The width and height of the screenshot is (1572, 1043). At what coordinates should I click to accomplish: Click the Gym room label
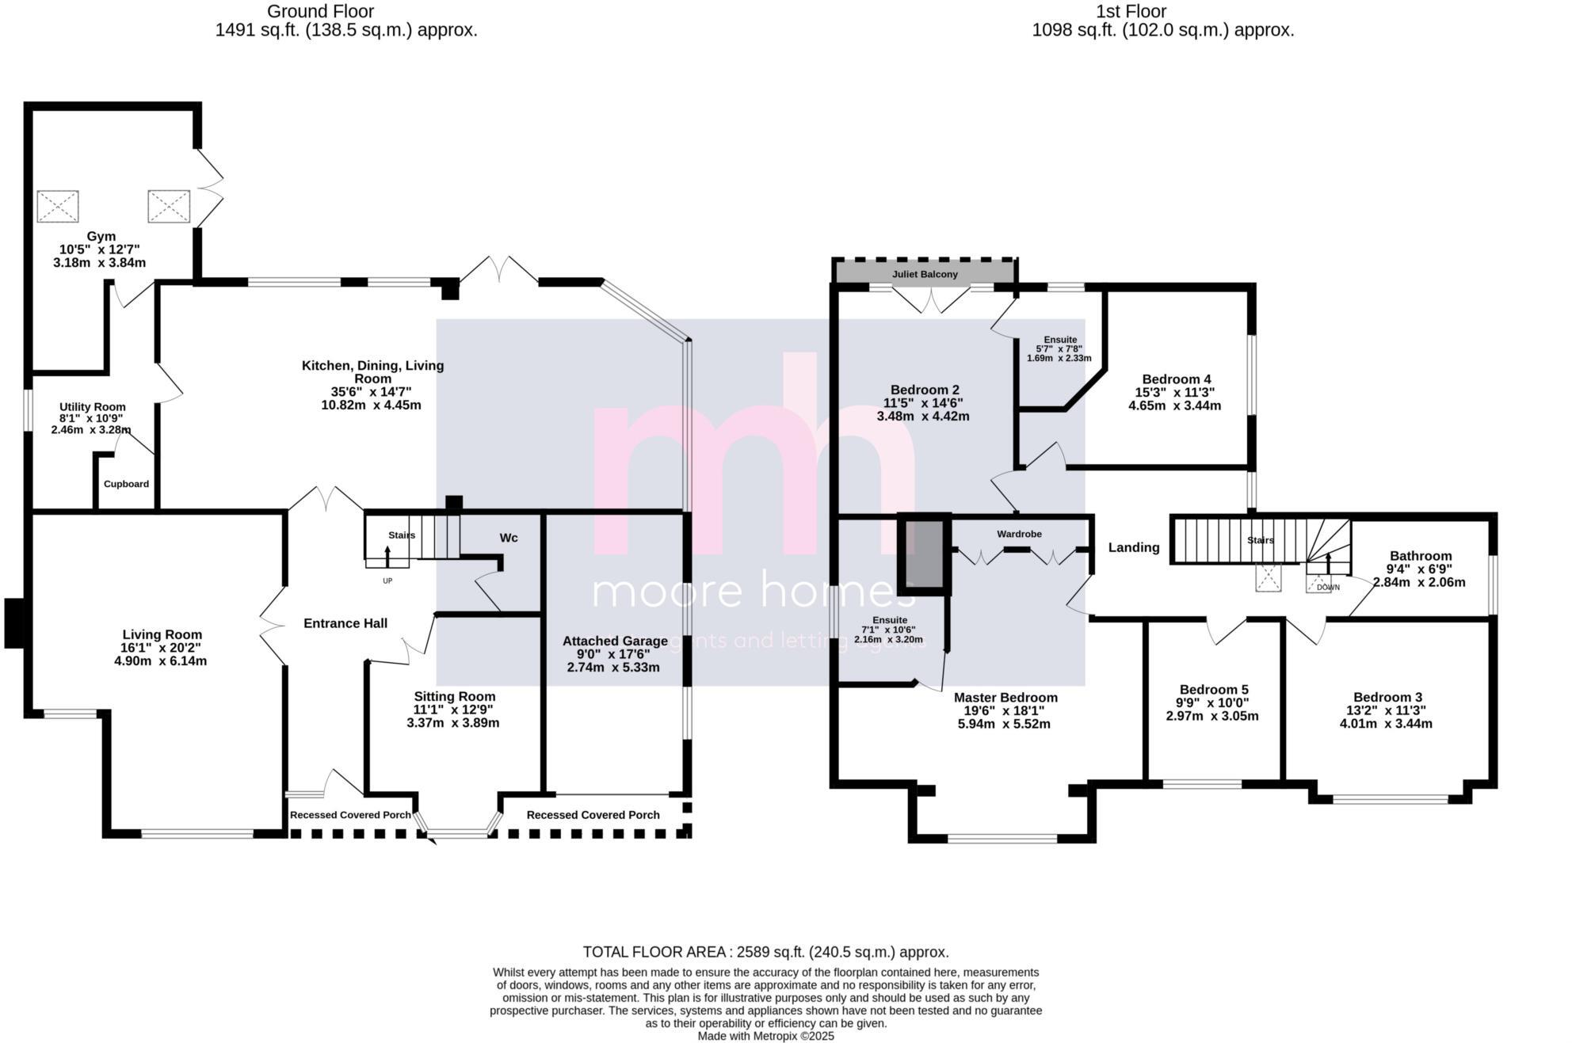click(101, 236)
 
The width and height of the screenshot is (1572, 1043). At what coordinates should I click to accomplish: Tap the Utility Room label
click(93, 407)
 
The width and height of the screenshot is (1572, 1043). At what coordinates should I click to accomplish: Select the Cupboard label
click(126, 484)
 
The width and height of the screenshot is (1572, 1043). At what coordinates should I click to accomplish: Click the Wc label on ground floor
click(509, 538)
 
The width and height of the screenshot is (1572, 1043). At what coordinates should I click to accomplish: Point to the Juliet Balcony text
click(925, 274)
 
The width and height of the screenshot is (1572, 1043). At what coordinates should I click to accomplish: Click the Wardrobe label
click(1019, 535)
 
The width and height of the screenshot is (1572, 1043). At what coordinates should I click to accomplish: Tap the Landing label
click(1133, 547)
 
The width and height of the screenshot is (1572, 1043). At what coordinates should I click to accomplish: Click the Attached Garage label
click(615, 641)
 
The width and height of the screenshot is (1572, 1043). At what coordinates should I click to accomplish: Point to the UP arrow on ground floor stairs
click(387, 557)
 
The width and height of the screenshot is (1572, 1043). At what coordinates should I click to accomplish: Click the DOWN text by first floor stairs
click(1328, 588)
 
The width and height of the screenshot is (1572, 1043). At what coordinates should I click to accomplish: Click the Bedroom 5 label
click(1213, 690)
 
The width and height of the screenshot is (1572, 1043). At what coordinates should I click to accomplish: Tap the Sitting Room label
click(454, 696)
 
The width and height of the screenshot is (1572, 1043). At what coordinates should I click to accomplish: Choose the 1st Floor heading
click(1131, 12)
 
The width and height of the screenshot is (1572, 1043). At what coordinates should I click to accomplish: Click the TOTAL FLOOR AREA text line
click(765, 952)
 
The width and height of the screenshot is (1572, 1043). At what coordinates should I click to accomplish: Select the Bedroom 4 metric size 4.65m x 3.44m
click(1174, 405)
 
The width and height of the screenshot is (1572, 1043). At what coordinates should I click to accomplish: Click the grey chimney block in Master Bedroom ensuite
click(924, 554)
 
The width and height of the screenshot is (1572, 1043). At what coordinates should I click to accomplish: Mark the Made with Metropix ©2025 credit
click(765, 1036)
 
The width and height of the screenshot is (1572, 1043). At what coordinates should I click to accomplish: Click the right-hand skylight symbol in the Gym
click(169, 206)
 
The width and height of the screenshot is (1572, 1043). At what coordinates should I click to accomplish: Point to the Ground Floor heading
click(320, 12)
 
